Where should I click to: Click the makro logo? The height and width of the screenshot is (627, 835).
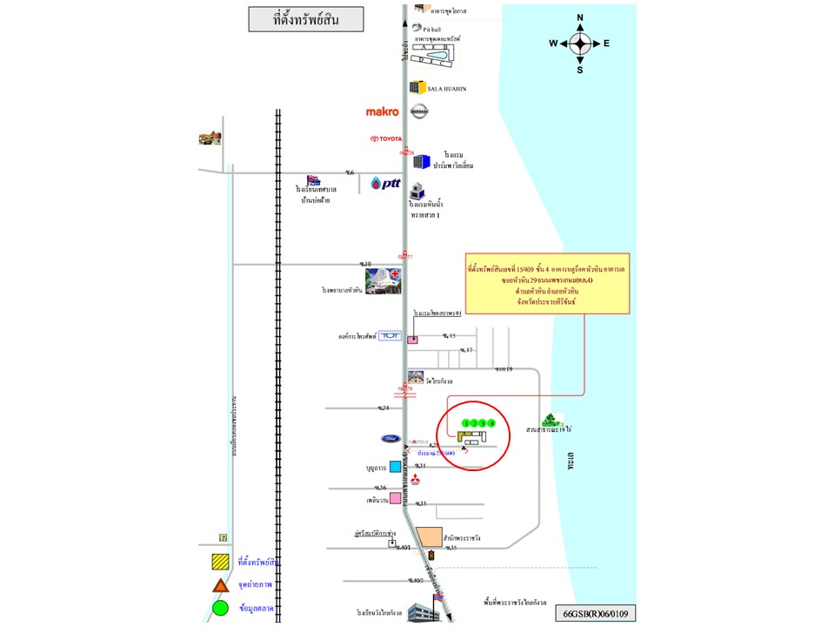click(383, 111)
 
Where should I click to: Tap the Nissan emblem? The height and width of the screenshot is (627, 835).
click(419, 111)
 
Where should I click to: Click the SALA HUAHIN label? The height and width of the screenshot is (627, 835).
click(447, 88)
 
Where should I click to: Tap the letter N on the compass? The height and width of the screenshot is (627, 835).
click(580, 17)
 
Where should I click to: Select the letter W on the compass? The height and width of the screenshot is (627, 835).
click(552, 44)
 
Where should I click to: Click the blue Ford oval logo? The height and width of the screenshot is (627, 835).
click(389, 438)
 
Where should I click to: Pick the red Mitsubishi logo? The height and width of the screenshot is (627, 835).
click(415, 479)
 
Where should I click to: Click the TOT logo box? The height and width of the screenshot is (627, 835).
click(389, 335)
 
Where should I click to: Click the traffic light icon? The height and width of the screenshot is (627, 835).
click(430, 555)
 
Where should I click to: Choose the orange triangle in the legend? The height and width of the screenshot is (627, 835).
click(220, 585)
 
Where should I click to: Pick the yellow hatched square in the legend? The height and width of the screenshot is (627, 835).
click(220, 563)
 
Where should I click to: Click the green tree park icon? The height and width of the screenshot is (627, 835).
click(550, 420)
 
